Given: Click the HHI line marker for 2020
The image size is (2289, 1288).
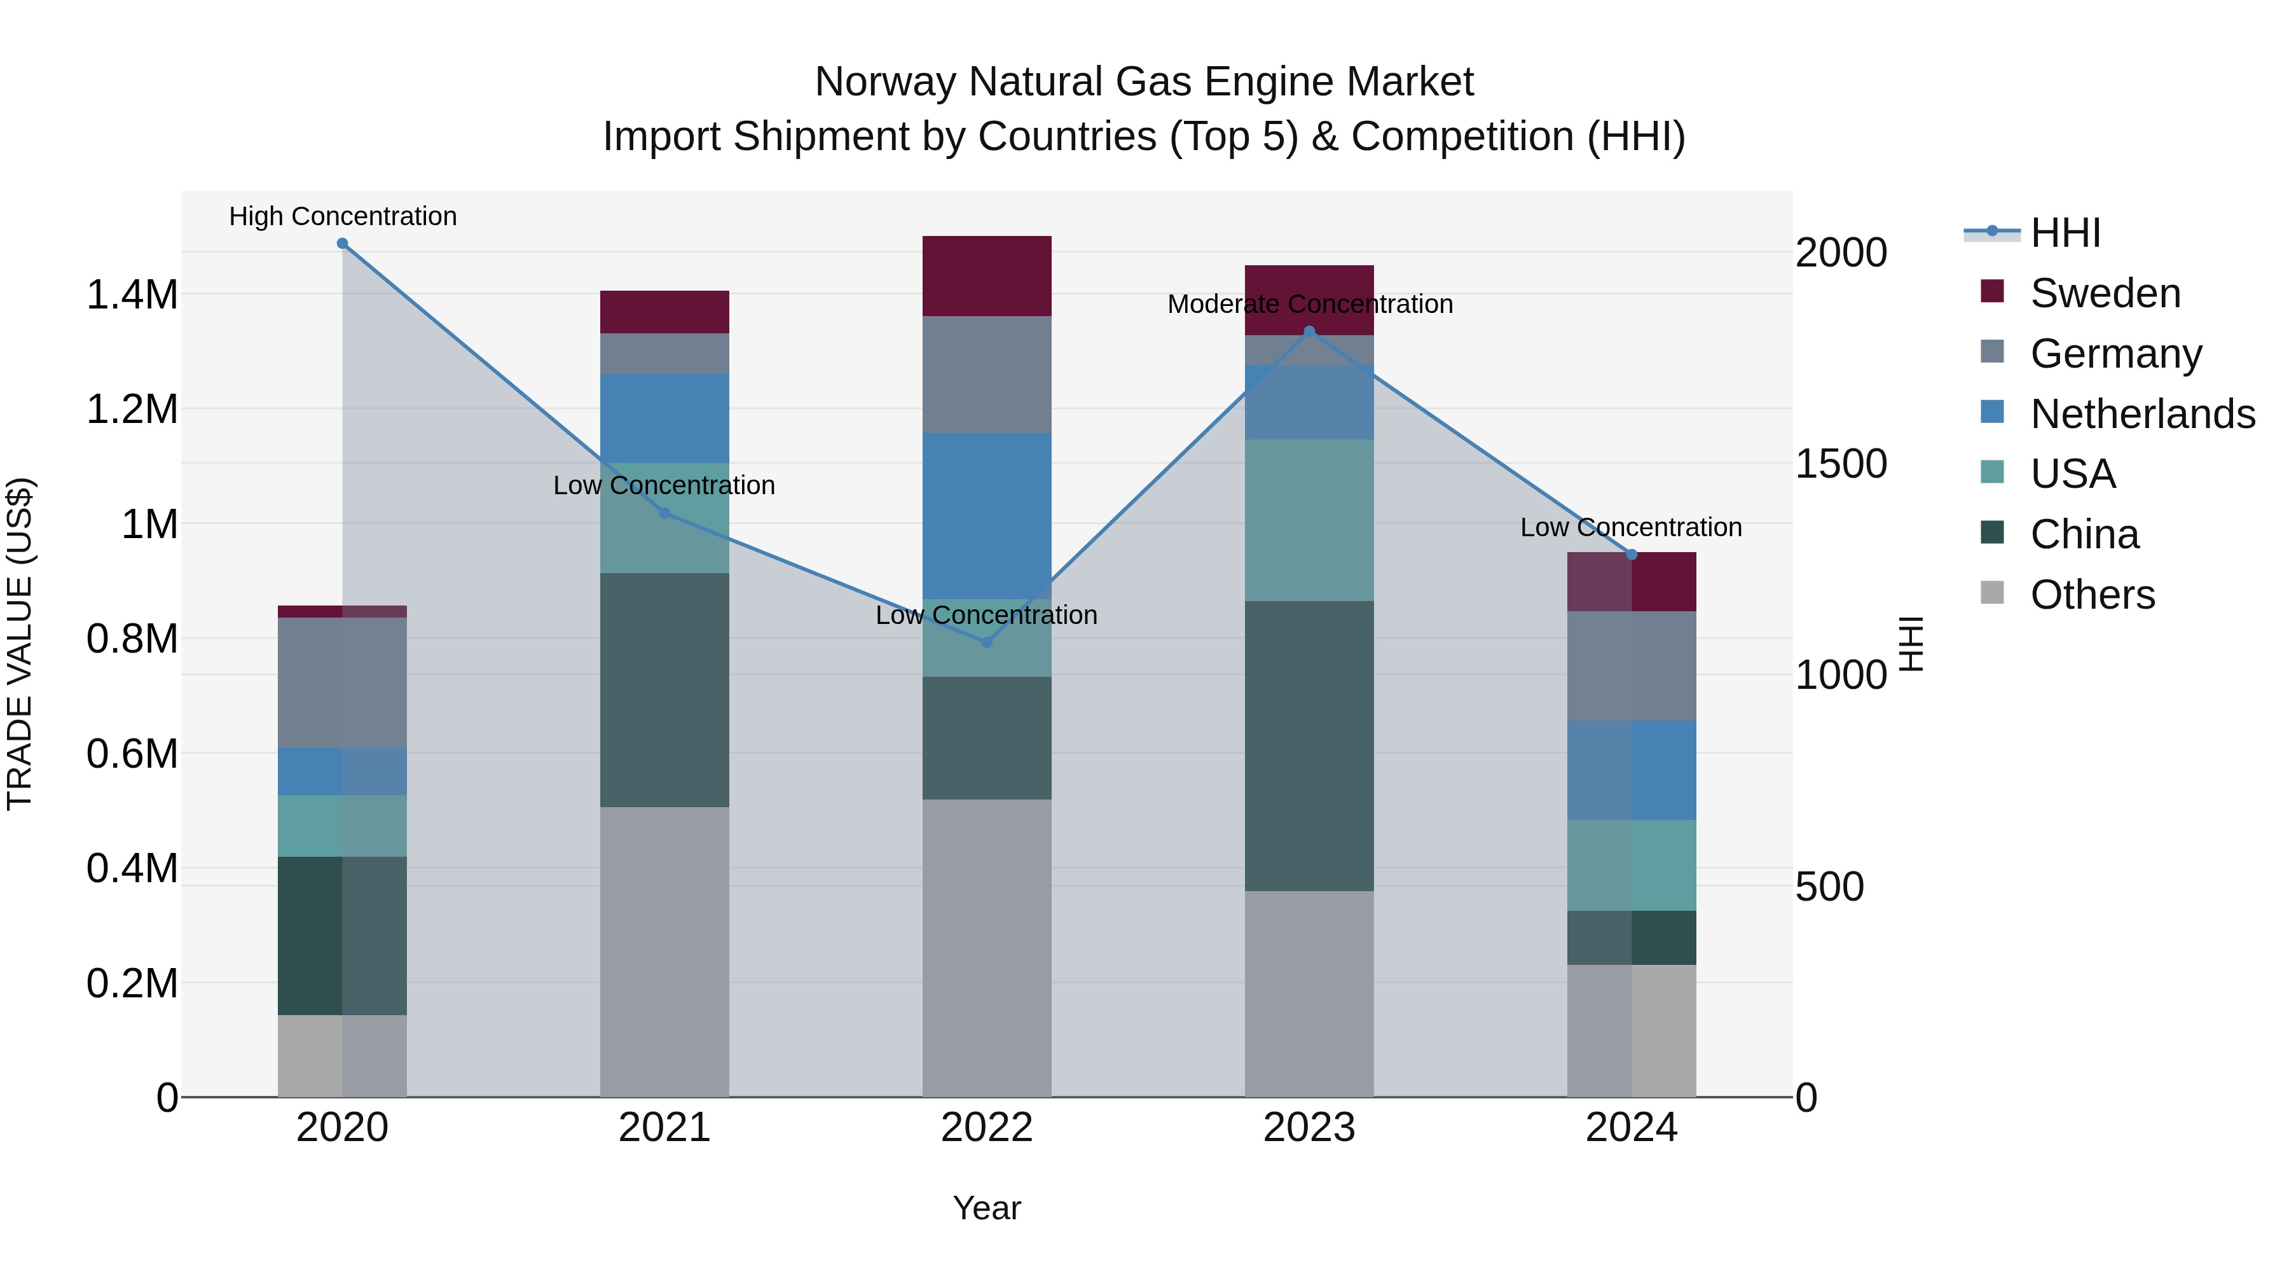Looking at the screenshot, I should click(342, 244).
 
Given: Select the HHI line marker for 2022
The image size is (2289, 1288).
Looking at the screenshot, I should click(986, 642).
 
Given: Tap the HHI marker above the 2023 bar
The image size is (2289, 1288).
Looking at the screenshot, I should click(1309, 331).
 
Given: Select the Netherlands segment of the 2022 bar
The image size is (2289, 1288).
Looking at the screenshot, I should click(986, 516).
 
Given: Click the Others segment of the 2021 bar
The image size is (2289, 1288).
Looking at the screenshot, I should click(664, 951).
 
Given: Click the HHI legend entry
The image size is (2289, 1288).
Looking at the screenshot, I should click(2065, 233).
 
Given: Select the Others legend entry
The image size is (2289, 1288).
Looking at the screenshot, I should click(2092, 595).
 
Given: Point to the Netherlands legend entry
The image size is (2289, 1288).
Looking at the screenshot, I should click(2141, 414).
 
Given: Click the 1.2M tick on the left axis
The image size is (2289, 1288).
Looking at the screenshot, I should click(132, 410).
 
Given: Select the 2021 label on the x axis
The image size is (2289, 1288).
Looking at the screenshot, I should click(664, 1128).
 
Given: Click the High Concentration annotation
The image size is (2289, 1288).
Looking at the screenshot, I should click(342, 216).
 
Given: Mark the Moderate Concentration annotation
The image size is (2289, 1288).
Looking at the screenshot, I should click(1309, 304).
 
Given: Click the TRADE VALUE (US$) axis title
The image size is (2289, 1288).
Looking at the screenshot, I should click(20, 644).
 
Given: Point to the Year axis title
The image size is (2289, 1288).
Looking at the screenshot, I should click(986, 1208).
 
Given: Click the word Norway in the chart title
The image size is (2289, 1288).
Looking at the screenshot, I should click(885, 82).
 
